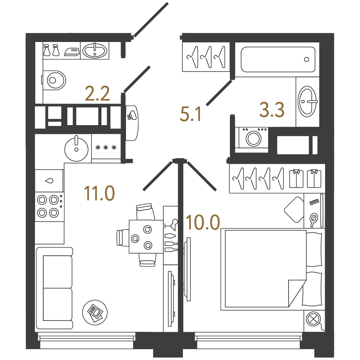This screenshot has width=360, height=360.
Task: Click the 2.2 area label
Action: (97, 94)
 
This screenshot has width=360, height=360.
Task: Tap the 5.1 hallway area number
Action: (190, 114)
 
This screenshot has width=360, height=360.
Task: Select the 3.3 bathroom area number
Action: (272, 110)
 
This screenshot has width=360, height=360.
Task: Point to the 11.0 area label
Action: (99, 193)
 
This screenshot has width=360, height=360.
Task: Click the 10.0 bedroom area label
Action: (203, 222)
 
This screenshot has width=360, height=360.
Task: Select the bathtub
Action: (278, 59)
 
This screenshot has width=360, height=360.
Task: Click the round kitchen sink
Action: (76, 148)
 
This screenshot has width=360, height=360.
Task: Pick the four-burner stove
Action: (49, 207)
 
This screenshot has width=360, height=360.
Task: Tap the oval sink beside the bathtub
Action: (308, 101)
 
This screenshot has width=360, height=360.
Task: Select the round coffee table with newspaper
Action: (95, 313)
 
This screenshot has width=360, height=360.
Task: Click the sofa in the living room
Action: (54, 288)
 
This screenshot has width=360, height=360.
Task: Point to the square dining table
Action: (146, 237)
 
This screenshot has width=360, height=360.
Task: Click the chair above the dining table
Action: (145, 211)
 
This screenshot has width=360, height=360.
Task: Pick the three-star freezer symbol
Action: (106, 148)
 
